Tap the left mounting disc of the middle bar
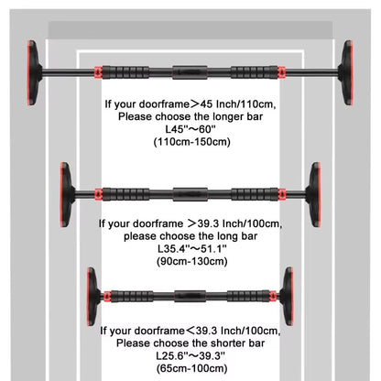68,193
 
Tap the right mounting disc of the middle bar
314,193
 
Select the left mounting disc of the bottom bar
93,297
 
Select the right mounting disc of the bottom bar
288,297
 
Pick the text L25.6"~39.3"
190,354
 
